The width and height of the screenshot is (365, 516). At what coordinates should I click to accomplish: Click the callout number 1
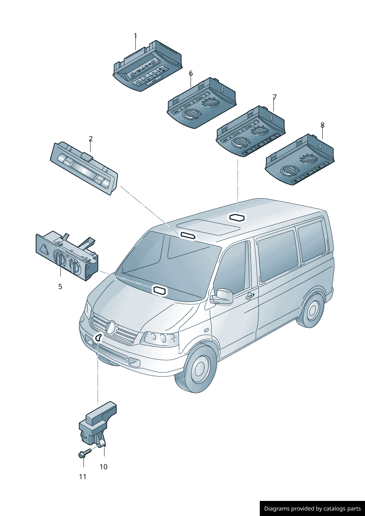135,36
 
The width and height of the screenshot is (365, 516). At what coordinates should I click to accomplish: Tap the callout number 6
191,73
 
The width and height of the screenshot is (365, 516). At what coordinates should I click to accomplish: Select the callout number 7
274,97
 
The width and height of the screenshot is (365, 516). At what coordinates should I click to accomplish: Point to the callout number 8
322,125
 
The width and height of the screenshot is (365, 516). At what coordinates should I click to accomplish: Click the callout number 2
91,139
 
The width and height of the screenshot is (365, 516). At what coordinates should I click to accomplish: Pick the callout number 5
60,287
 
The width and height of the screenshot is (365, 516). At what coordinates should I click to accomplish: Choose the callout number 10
103,467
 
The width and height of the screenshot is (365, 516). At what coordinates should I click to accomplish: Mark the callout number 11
83,477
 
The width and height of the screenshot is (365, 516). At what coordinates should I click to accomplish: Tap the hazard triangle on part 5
43,248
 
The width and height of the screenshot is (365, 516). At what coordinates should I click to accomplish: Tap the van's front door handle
250,296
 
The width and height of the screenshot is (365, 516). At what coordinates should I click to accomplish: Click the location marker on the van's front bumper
98,338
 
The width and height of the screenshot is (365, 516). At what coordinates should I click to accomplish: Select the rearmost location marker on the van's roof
237,217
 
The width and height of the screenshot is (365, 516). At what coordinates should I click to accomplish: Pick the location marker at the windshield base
159,291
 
